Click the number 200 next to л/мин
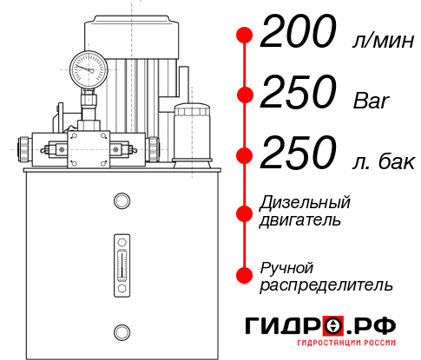pyautogui.click(x=298, y=36)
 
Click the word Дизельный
pyautogui.click(x=306, y=203)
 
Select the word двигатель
pyautogui.click(x=300, y=220)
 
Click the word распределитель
pyautogui.click(x=326, y=285)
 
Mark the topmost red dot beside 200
pyautogui.click(x=246, y=36)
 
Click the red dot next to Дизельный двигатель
pyautogui.click(x=246, y=211)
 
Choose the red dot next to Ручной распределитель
pyautogui.click(x=246, y=275)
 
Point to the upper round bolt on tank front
pyautogui.click(x=121, y=202)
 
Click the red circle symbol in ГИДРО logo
pyautogui.click(x=332, y=326)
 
